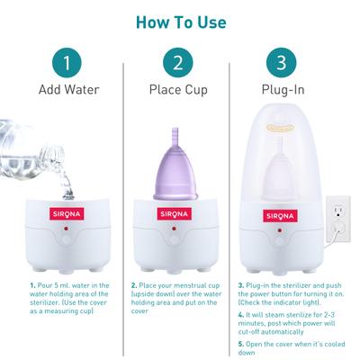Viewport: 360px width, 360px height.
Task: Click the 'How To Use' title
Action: (181, 20)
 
